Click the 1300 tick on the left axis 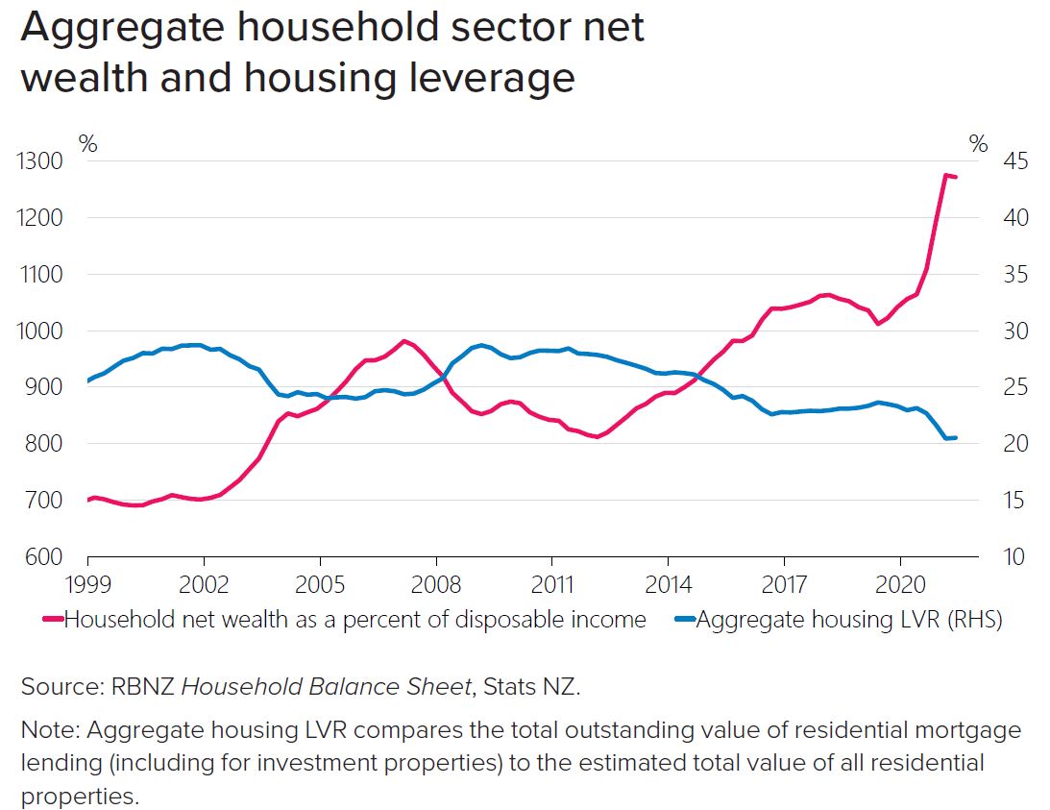(39, 161)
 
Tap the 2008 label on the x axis (436, 584)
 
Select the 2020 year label (900, 584)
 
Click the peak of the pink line (945, 175)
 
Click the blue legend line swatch (684, 620)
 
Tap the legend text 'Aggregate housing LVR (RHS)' (848, 620)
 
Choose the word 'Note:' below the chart (50, 730)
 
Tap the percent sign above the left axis (87, 144)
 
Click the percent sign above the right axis (978, 144)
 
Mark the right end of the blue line (955, 437)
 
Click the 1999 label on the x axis (87, 584)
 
